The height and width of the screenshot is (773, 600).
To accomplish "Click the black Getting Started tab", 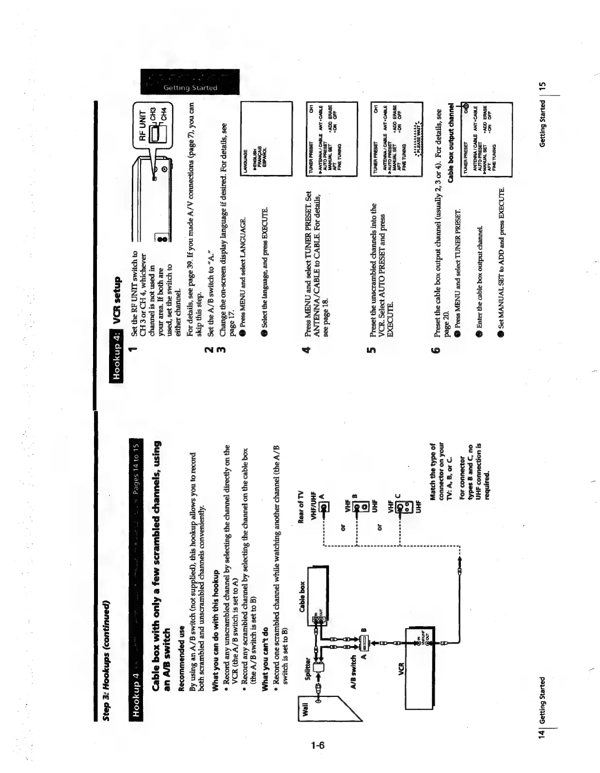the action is [190, 82].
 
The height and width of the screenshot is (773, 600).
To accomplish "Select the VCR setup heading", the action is [117, 299].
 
